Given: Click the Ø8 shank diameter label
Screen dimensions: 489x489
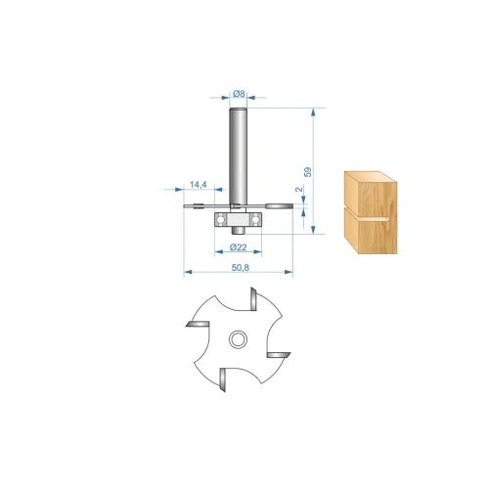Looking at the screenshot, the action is click(x=239, y=94).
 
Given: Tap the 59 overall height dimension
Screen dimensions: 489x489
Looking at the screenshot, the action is click(x=307, y=172).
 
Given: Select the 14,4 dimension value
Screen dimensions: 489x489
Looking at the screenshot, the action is click(x=199, y=185).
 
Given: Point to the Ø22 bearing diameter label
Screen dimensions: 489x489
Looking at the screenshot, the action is click(x=239, y=247).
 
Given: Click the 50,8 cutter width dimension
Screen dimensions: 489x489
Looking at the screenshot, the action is click(x=241, y=268).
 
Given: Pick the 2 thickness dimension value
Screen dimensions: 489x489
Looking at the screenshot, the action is click(x=299, y=189).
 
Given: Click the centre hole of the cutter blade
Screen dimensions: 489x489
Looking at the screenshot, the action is click(x=238, y=339).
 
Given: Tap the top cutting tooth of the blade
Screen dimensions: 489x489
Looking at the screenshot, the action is click(x=253, y=298).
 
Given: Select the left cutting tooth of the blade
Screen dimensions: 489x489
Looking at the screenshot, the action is click(x=198, y=324).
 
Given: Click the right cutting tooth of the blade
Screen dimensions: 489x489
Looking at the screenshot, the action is click(x=279, y=355).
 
